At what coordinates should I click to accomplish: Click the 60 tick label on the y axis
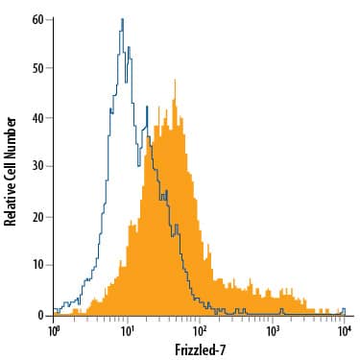[x=36, y=19]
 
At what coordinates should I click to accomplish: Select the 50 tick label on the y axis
[x=36, y=69]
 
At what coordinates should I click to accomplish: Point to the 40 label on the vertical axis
[x=36, y=118]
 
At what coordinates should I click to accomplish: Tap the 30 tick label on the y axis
[x=36, y=167]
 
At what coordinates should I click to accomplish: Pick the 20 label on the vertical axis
[x=36, y=216]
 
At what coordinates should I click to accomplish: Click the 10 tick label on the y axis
[x=36, y=265]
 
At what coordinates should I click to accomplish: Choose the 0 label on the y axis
[x=38, y=314]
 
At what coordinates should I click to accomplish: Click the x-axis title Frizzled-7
[x=199, y=348]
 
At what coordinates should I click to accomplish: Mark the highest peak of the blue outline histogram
[x=123, y=19]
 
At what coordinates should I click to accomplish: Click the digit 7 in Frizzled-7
[x=222, y=348]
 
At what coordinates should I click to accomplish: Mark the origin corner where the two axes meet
[x=54, y=315]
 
